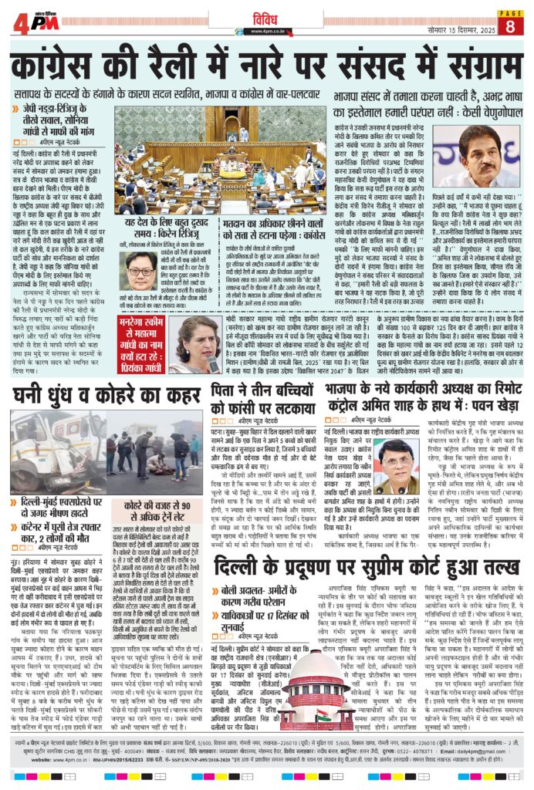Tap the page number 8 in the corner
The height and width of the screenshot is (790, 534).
tap(510, 25)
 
